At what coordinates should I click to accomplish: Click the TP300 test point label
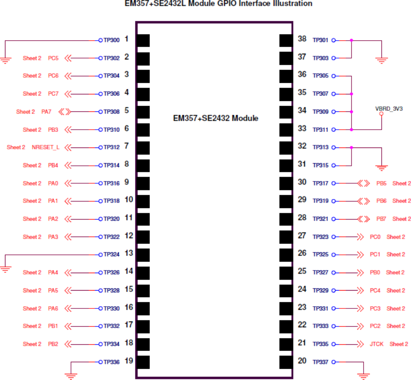(x=112, y=40)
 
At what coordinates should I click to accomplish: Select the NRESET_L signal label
(x=46, y=147)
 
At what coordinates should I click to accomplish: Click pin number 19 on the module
(x=129, y=361)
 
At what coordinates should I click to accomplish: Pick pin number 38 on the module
(x=302, y=39)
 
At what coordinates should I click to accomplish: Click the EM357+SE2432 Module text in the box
(x=216, y=118)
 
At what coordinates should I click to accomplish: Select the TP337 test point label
(x=320, y=362)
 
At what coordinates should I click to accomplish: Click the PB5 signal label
(x=382, y=183)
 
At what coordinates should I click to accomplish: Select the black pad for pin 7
(x=143, y=148)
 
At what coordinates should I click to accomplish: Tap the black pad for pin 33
(x=285, y=130)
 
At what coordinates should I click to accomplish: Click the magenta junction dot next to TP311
(x=352, y=130)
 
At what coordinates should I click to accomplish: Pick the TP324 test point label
(x=112, y=254)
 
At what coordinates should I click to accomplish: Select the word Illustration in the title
(x=290, y=4)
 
